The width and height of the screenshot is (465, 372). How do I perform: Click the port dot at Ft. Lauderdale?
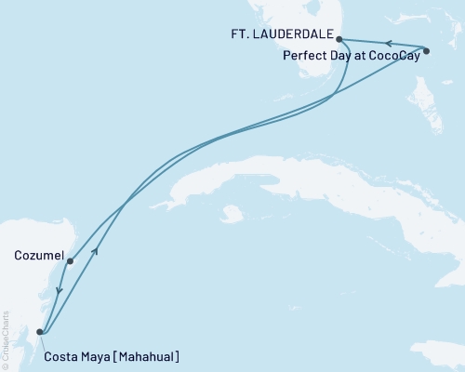click(339, 39)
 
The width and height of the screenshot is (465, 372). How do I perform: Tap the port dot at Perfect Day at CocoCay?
click(426, 51)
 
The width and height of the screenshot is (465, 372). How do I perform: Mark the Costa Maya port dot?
click(39, 331)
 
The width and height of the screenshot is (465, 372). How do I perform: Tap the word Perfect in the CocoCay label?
click(302, 55)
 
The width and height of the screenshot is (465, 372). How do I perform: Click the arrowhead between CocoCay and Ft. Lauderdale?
click(389, 43)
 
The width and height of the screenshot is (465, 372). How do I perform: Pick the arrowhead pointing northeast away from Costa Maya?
click(97, 251)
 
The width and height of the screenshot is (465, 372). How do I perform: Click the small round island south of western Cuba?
click(233, 214)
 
